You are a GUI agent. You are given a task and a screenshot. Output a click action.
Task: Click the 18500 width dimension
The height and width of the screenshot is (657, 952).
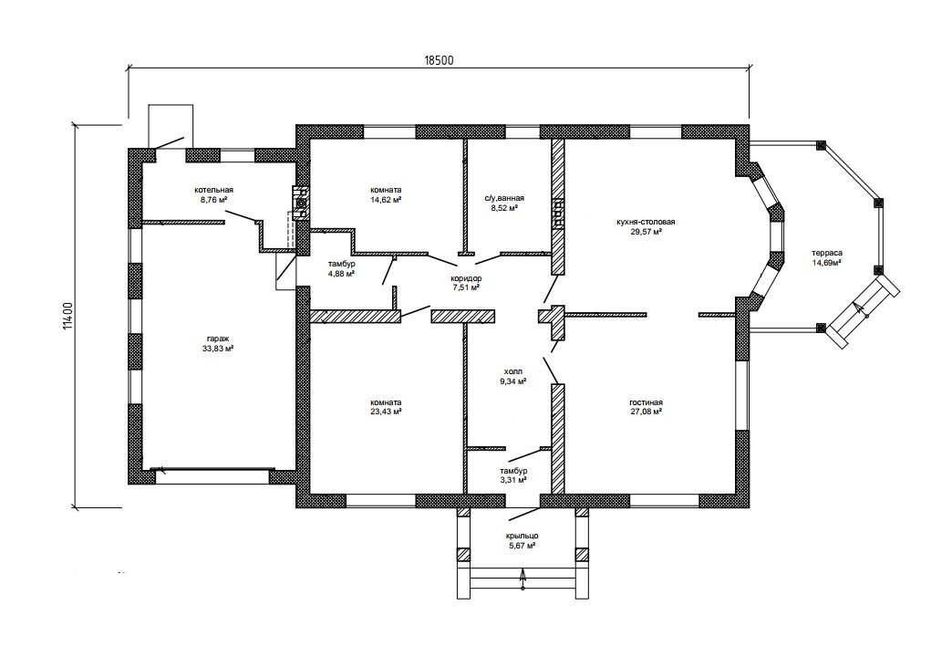(439, 60)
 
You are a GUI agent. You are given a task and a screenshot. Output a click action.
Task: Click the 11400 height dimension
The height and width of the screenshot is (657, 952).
(68, 316)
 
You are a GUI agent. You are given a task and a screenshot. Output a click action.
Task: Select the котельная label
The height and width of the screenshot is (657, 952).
(213, 189)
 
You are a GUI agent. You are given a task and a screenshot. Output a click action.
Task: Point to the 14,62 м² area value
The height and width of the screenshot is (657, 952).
(386, 199)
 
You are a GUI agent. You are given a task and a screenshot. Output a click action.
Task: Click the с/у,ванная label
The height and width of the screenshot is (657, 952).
(504, 198)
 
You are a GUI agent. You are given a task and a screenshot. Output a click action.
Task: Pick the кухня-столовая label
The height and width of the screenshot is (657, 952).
(646, 222)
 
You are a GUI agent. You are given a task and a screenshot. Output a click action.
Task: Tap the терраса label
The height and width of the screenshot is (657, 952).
(827, 254)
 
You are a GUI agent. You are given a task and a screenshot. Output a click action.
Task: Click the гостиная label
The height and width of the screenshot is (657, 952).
(646, 402)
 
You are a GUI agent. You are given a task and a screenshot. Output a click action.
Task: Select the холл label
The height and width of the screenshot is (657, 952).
(512, 371)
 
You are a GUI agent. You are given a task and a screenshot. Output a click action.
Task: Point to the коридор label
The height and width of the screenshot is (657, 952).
(466, 278)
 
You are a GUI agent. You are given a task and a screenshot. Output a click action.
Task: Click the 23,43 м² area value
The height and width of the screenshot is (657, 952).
(386, 412)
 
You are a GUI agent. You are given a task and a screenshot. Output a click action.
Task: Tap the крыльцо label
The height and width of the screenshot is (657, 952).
(523, 536)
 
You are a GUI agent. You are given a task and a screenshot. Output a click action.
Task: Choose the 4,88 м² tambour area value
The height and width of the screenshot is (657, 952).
(341, 274)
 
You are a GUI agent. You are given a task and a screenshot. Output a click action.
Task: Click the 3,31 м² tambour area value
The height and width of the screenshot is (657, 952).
(512, 480)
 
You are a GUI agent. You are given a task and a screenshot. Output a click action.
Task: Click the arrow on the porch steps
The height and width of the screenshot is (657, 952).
(523, 579)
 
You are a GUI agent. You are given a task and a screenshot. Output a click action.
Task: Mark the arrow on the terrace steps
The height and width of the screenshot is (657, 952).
(861, 309)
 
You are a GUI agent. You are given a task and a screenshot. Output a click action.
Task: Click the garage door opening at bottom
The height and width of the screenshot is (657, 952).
(213, 476)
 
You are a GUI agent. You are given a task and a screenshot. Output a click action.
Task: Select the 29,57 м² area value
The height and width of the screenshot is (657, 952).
(646, 232)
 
